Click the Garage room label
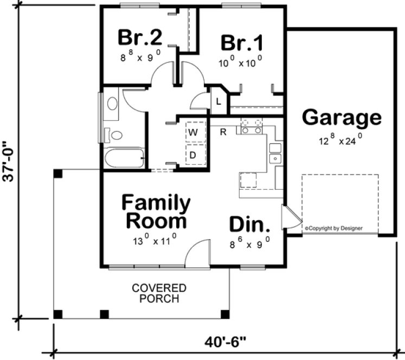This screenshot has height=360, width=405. click(x=342, y=117)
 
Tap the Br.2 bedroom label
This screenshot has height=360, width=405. click(x=140, y=38)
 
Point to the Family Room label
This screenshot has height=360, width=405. click(x=156, y=212)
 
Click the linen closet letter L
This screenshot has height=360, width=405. click(x=218, y=101)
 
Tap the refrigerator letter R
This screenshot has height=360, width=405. click(x=222, y=131)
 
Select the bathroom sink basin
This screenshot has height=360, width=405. click(x=113, y=104)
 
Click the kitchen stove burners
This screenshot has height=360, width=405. click(x=252, y=127)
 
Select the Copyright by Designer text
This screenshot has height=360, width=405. click(x=333, y=228)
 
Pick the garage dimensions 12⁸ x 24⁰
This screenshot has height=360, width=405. click(x=340, y=140)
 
